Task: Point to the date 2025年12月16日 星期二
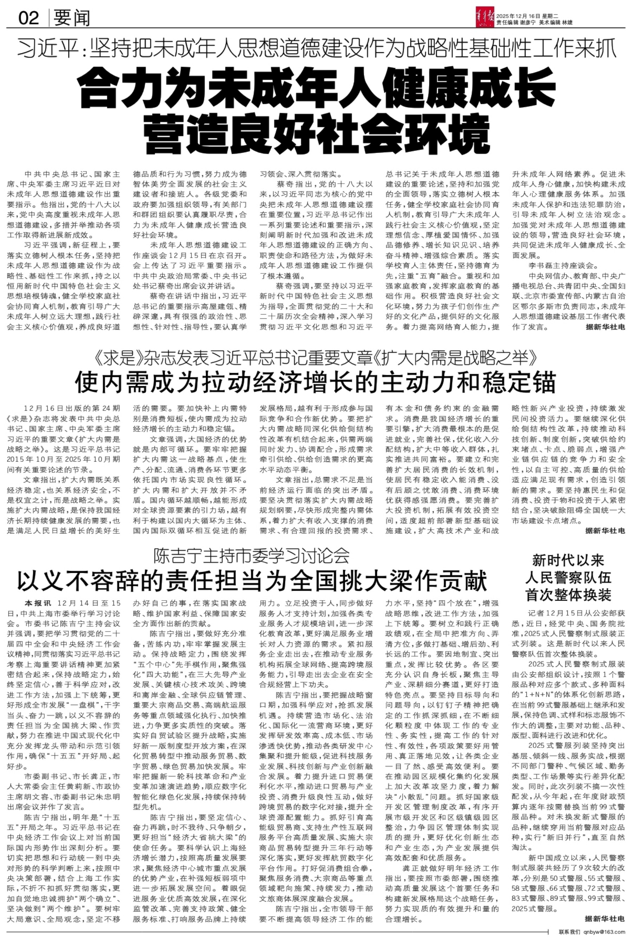(x=527, y=16)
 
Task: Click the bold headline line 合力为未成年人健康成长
(x=316, y=86)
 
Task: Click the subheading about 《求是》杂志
(x=316, y=357)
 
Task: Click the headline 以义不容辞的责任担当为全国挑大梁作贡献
(x=251, y=581)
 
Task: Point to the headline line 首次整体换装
(x=568, y=595)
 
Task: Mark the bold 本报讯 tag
(x=38, y=603)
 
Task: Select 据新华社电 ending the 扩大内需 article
(x=605, y=531)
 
